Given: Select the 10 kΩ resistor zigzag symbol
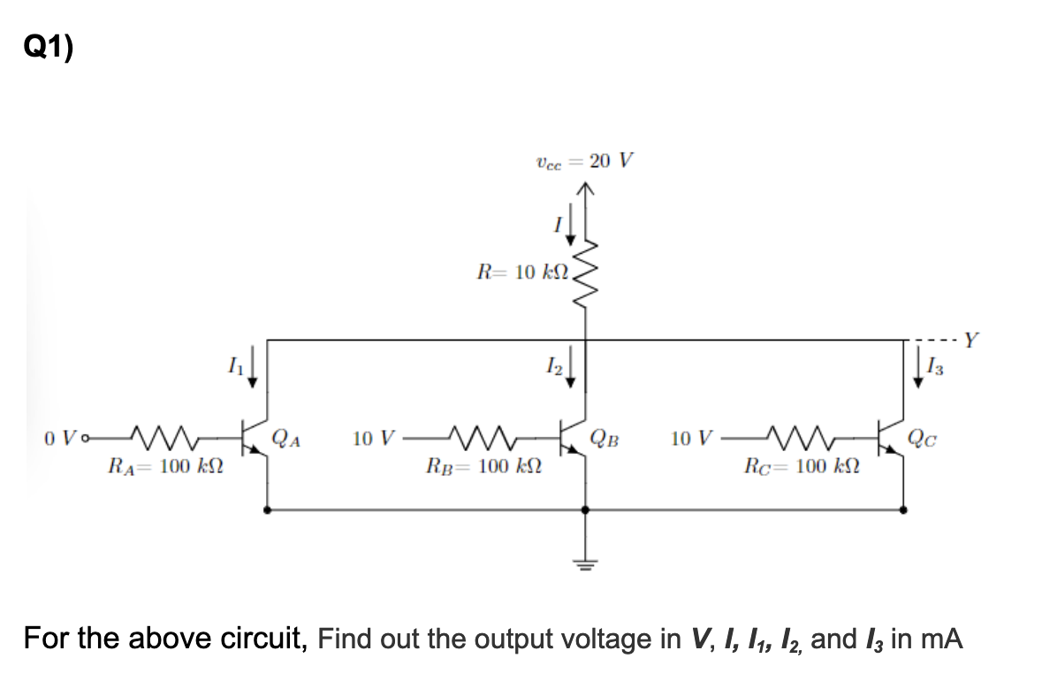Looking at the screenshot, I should pyautogui.click(x=583, y=274).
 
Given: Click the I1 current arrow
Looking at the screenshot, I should pyautogui.click(x=254, y=370).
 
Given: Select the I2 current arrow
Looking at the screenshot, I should pyautogui.click(x=570, y=370).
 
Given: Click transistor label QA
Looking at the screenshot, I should pyautogui.click(x=288, y=437).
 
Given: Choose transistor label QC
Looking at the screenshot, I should pyautogui.click(x=924, y=437).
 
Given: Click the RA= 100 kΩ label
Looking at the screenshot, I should pyautogui.click(x=164, y=466).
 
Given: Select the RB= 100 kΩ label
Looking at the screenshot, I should pyautogui.click(x=483, y=466).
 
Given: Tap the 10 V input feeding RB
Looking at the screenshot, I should pyautogui.click(x=373, y=437).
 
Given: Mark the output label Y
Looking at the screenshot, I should pyautogui.click(x=972, y=338).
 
